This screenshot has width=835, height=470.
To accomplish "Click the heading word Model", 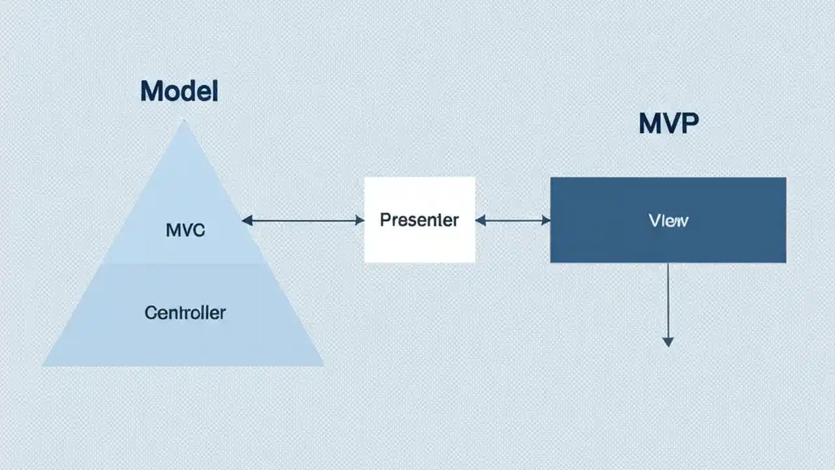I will point(179,91).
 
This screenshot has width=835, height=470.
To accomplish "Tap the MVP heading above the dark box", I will point(668,123).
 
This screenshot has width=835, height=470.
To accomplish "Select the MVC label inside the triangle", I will point(185,230).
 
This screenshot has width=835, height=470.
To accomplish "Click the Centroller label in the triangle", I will point(185,313).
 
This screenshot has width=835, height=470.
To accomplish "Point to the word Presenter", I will point(419,220).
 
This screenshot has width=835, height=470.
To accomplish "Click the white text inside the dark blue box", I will point(669,221).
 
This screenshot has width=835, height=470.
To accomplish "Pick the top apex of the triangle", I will point(185,122).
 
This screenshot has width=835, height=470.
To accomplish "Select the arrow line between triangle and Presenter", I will point(303,221).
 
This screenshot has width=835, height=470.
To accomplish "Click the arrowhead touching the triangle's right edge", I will point(247,221).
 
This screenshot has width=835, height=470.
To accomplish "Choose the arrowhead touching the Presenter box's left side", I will point(359,221).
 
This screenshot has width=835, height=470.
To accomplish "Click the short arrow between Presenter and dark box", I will point(513,221).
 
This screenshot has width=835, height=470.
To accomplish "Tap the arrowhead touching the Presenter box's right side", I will point(480,221).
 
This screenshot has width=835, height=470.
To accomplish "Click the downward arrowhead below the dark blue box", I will point(667,341).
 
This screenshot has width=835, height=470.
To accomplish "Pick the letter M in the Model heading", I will point(150,91).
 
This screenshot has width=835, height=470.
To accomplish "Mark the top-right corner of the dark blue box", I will point(785,178).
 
